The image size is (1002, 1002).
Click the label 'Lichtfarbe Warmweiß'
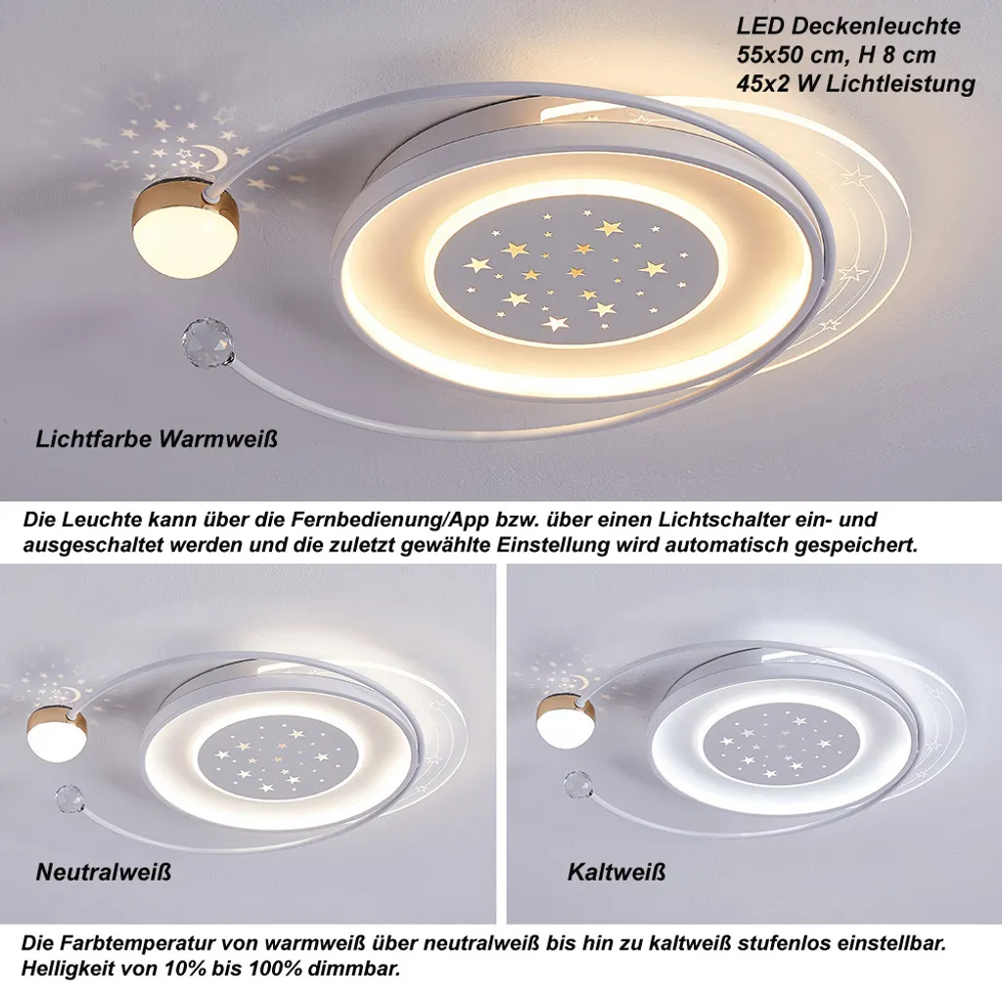coord(157,439)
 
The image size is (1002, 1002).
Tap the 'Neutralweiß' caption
coord(104,872)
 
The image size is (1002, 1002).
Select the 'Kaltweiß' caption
coord(616,872)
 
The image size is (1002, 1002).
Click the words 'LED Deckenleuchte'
coord(848,26)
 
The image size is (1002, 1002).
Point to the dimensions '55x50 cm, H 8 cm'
coord(836,55)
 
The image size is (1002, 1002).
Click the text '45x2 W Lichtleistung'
coord(855,84)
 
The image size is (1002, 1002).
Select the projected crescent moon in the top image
coord(212,157)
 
